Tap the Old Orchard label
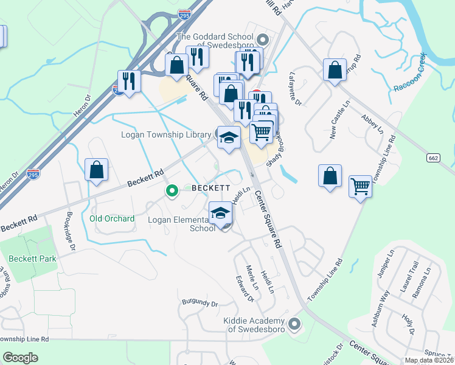coord(112,218)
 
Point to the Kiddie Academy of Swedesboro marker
coord(296,323)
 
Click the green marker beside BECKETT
coord(172,192)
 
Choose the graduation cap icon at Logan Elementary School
coord(220,213)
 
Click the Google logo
coord(21,358)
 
